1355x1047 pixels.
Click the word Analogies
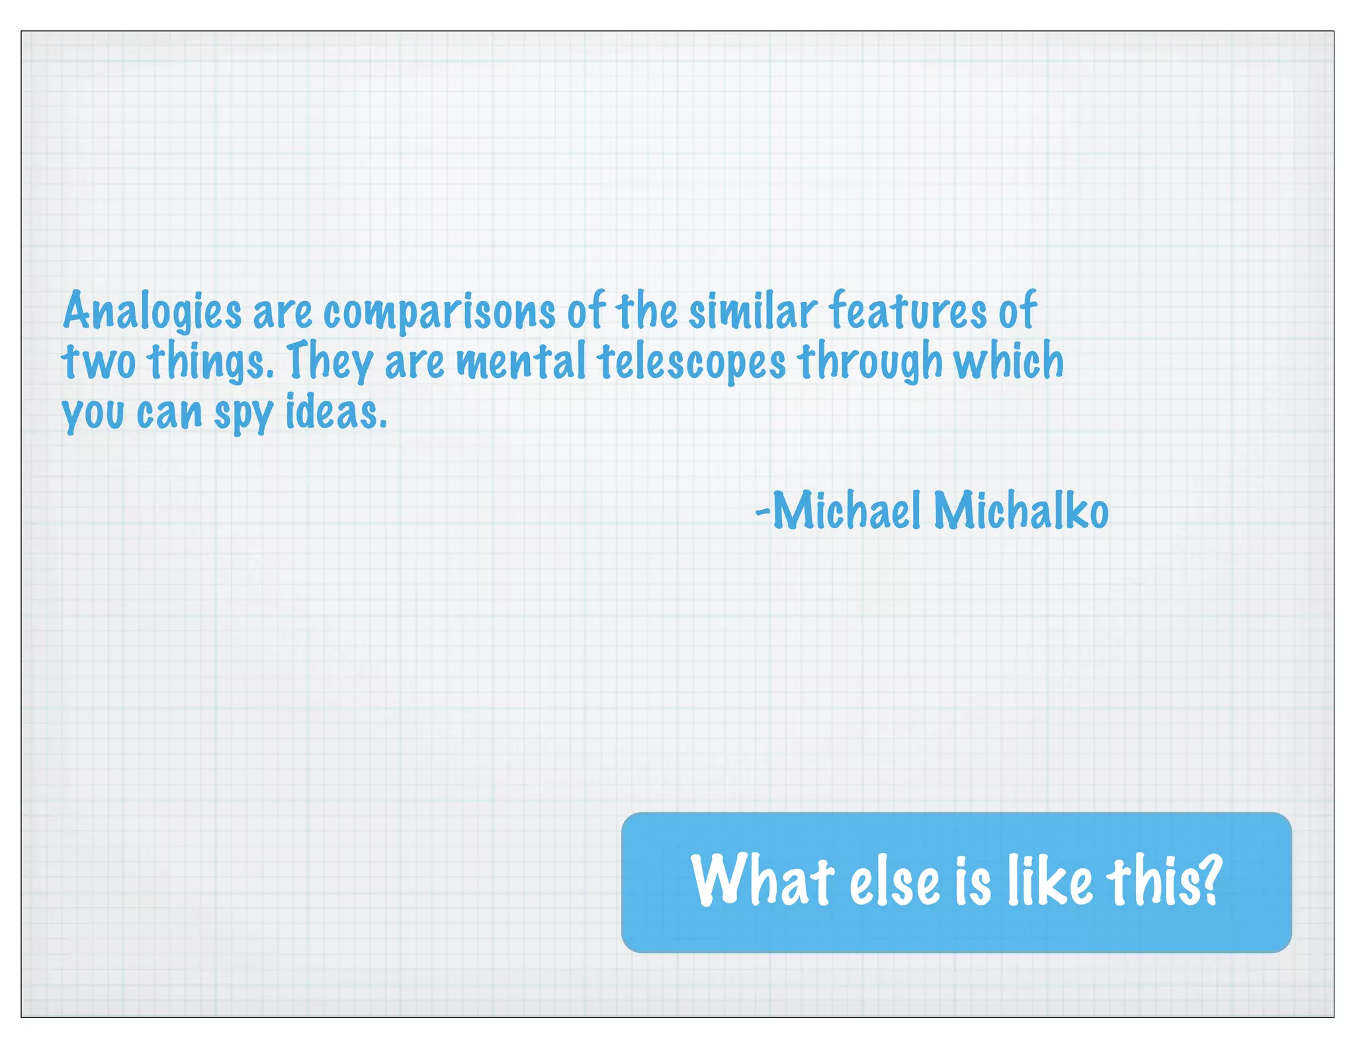(153, 311)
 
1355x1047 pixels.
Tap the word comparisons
(439, 312)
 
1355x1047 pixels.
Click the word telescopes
(692, 363)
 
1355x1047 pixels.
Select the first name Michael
(846, 510)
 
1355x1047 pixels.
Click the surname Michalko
(1021, 510)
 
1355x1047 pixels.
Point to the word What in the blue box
(762, 881)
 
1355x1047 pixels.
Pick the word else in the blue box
(895, 882)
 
